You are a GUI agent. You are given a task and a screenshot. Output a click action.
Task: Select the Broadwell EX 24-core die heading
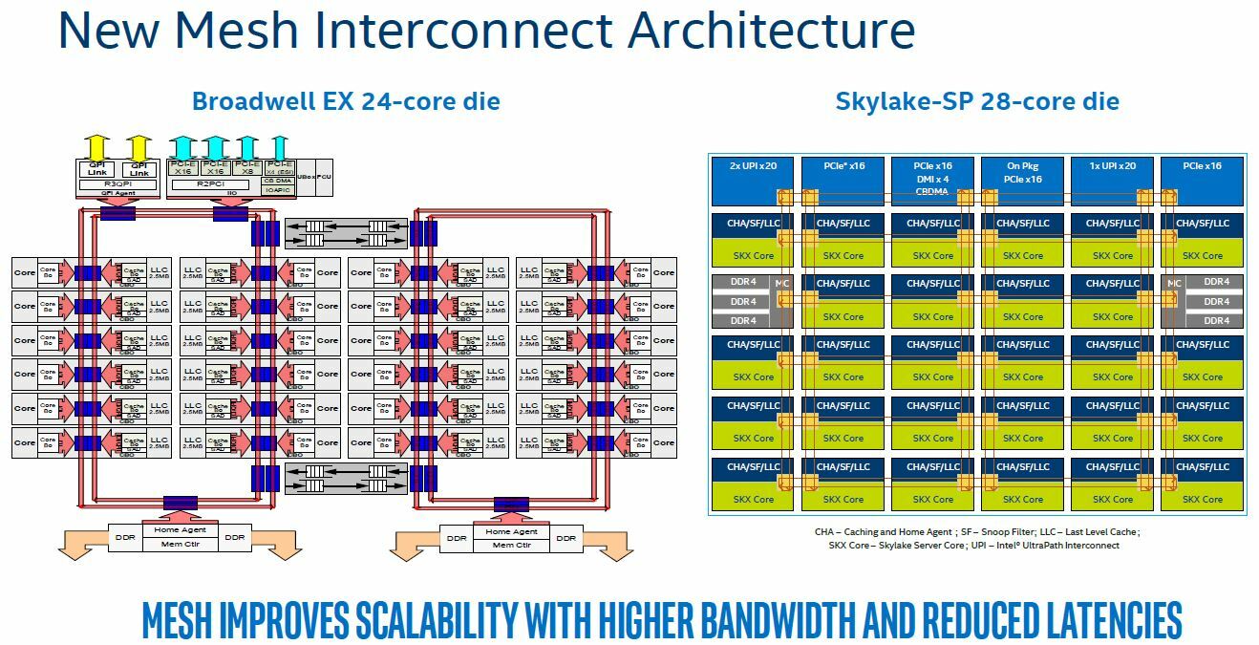346,101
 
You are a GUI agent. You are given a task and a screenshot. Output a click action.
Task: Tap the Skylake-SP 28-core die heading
977,101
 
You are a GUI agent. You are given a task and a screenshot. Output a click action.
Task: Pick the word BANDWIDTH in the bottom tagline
779,621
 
